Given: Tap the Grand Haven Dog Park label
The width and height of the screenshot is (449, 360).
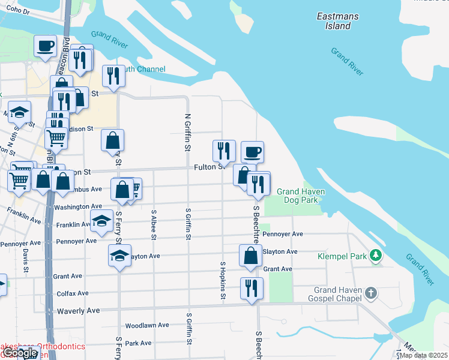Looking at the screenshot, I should pos(301,196).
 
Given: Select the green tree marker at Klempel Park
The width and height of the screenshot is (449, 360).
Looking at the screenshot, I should pos(376,256).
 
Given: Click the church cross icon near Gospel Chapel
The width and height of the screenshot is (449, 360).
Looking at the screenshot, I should pos(371,293).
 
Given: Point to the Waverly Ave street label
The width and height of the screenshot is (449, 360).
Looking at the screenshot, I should pos(78,311).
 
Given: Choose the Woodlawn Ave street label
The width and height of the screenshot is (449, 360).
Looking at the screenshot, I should pos(147,325).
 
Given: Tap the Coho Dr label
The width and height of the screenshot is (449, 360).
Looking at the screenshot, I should pos(18,11).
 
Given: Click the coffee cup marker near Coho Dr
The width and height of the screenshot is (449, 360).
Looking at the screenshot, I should pos(46,46).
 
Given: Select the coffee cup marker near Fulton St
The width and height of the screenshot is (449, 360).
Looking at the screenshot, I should pos(252,151).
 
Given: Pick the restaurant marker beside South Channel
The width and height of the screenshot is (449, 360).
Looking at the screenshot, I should pos(113,74).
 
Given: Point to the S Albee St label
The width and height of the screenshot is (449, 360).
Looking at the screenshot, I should pos(154,224).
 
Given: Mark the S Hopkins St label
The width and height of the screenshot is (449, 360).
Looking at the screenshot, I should pos(223,280).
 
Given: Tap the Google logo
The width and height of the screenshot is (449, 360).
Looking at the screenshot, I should pos(20,353).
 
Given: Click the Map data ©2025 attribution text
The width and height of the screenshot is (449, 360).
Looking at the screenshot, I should pos(423,355).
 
